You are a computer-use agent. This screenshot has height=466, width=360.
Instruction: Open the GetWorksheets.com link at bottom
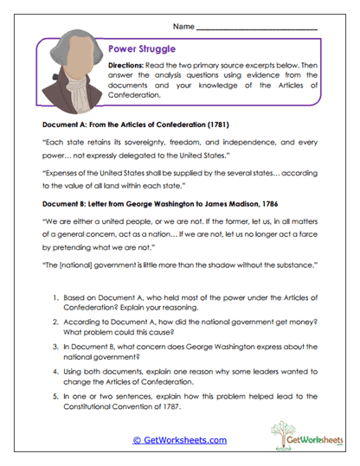coord(179,439)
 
